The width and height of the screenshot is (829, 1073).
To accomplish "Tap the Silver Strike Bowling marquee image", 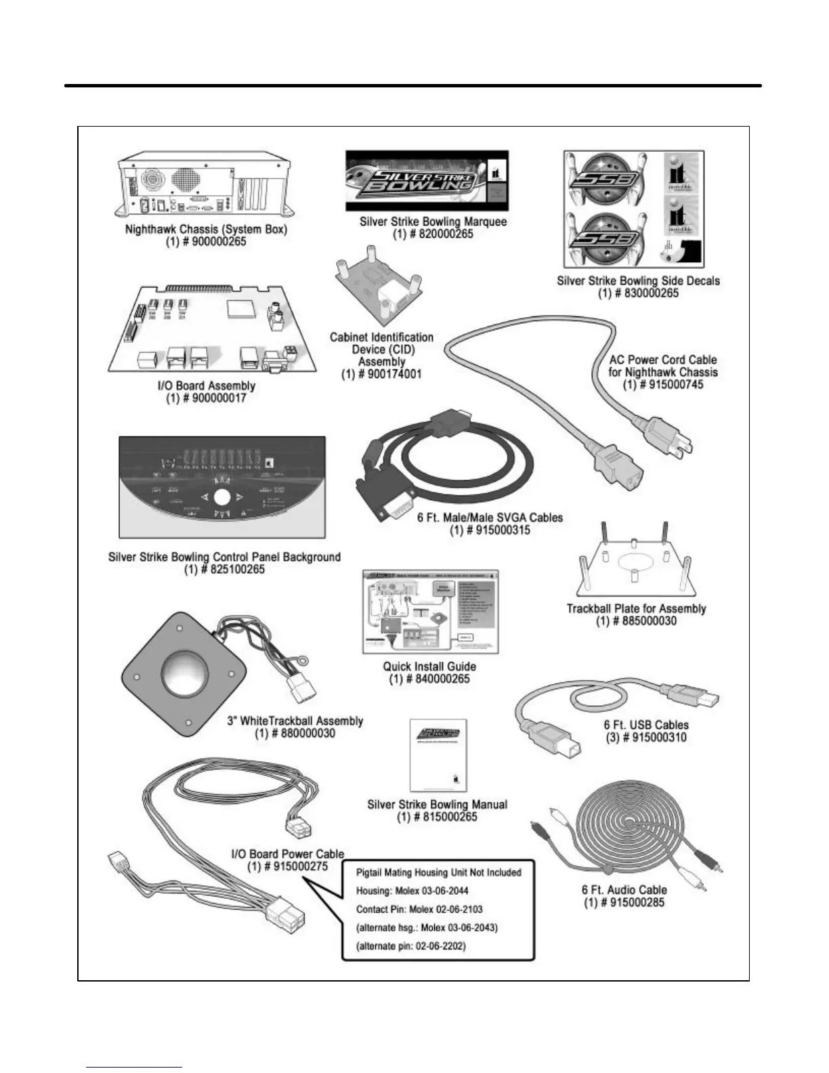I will click(x=427, y=181).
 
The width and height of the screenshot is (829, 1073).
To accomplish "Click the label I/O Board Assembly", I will click(x=206, y=386).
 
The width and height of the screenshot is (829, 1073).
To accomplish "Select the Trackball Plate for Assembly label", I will click(x=636, y=608).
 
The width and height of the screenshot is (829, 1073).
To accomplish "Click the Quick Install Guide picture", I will click(x=430, y=612).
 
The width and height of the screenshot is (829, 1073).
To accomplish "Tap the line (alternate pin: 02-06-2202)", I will click(x=411, y=946).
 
